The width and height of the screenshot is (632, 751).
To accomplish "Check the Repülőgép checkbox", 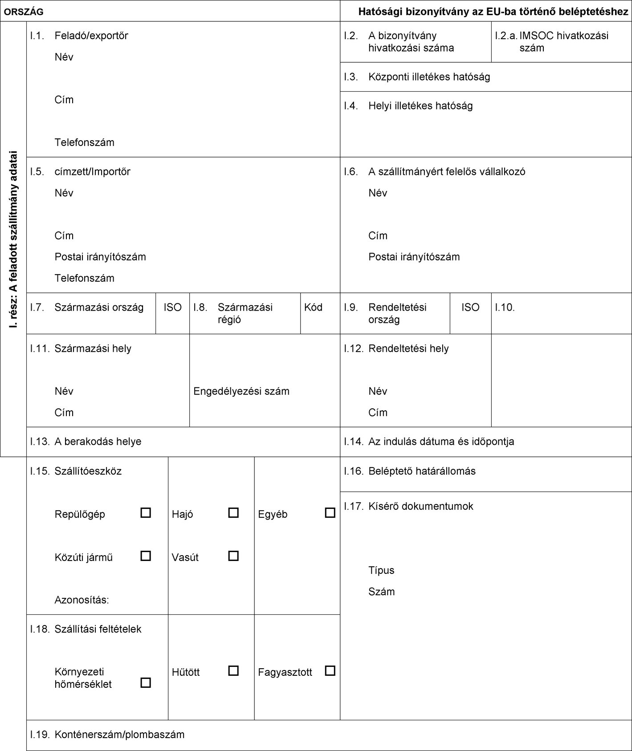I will coord(145,513).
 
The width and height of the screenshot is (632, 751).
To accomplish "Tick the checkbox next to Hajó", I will coord(233,513).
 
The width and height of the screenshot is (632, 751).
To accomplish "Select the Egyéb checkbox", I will coord(330,513).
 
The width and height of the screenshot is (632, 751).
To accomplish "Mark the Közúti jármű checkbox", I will coord(145,556).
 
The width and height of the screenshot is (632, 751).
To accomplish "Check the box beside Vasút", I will coord(233,556).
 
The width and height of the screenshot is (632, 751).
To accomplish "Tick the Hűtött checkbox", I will coord(233,671).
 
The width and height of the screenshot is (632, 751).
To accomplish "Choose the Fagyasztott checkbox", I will coord(330,671).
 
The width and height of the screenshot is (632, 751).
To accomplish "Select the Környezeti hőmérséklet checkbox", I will coord(145,682).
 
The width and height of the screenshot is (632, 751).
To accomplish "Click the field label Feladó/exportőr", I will coord(91,36).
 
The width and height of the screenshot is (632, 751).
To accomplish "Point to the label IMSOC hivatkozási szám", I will coord(563,42).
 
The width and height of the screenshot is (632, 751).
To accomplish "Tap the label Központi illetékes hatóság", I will coord(429,77).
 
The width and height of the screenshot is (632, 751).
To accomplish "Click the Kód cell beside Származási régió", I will coord(313,307).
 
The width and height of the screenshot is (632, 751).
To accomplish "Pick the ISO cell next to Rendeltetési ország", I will coord(470,307).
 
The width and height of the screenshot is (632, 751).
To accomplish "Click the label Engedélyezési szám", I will coord(241,392).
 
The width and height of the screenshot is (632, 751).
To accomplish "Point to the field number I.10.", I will coord(505,307).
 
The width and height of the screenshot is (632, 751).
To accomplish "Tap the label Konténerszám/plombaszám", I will coord(119,735).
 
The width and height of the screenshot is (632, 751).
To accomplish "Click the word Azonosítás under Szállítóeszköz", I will coord(82,600).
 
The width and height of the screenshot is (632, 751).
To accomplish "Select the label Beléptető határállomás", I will coord(422,471).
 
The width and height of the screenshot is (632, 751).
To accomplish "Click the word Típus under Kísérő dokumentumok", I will coord(381,571).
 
